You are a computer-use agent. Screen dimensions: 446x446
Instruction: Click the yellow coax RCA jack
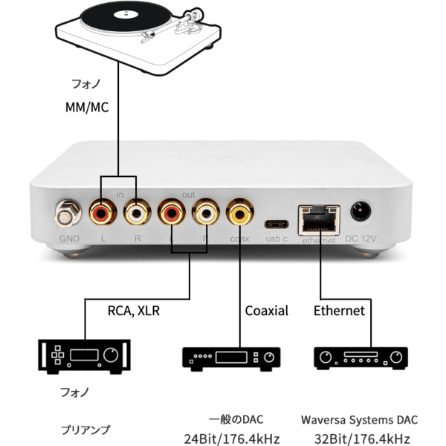(x=240, y=214)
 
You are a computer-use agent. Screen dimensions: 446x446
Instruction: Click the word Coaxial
(x=266, y=311)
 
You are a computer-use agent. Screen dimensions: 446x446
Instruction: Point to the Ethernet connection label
(x=339, y=311)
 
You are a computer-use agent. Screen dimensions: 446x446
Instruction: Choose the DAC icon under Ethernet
(x=361, y=358)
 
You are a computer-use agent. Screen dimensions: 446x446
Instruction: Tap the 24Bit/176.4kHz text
(x=232, y=438)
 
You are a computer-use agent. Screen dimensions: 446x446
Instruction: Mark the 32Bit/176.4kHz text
(x=362, y=438)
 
